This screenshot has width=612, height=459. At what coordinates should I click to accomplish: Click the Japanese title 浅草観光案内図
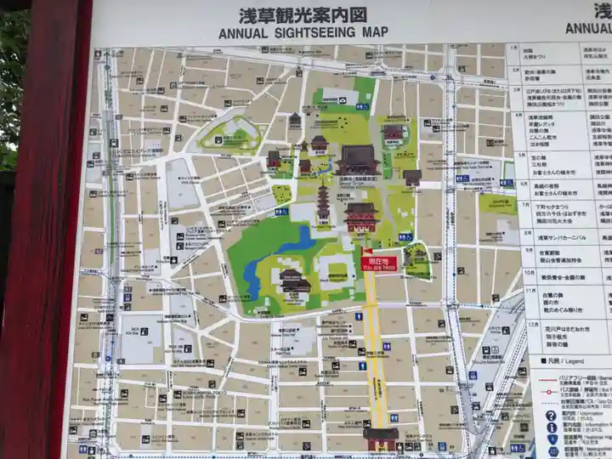point(303,15)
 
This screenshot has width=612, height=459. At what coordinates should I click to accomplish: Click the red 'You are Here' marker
point(379,263)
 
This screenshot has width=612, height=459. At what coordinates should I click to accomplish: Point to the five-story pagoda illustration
point(323,204)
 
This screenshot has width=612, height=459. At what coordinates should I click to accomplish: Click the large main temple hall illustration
point(358,160)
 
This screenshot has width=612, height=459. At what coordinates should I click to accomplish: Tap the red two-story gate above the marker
point(361,218)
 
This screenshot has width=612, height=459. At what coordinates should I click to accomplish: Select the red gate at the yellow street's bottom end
point(380,437)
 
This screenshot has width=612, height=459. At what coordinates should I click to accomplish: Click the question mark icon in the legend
point(551,416)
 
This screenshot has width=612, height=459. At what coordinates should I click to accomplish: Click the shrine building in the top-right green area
point(394,133)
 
